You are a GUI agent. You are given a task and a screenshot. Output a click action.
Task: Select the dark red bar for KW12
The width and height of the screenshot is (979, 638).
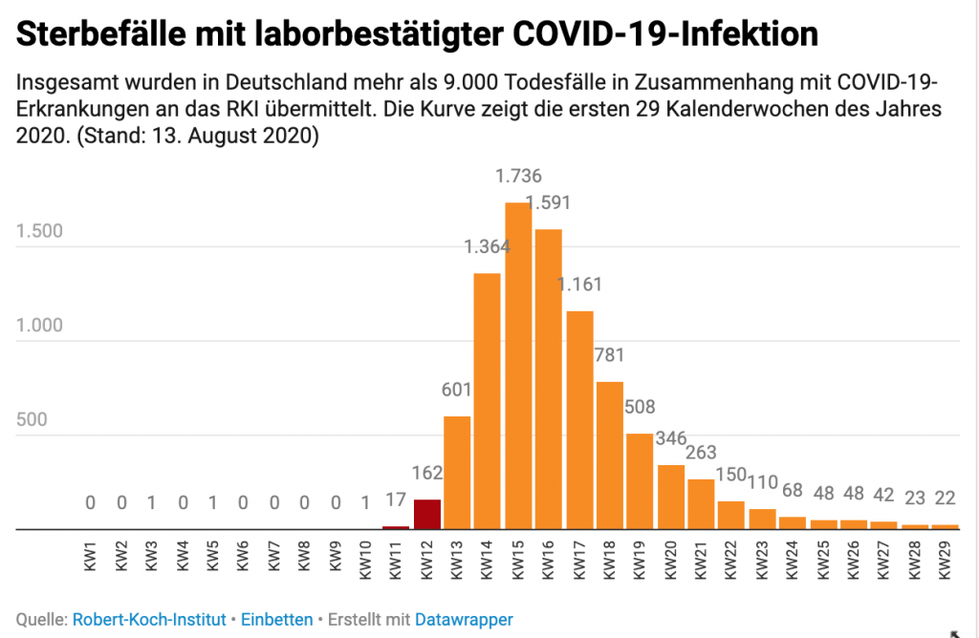point(426,514)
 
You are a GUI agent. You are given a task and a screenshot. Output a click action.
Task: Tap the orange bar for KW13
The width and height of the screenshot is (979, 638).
point(457,472)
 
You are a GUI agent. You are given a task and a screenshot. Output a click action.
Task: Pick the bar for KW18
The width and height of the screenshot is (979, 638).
point(609,455)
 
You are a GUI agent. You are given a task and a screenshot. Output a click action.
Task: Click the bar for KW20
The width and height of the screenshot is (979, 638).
point(670,496)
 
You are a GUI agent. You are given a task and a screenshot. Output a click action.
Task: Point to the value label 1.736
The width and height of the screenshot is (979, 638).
point(518,177)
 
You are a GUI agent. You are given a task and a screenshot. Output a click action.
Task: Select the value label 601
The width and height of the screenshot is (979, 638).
point(457,390)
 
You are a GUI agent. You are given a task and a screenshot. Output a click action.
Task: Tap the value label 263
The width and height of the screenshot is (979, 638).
point(701,452)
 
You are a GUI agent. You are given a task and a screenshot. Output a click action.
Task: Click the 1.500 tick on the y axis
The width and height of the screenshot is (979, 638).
point(39,232)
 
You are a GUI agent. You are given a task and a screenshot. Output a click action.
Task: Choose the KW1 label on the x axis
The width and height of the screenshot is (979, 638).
point(91,560)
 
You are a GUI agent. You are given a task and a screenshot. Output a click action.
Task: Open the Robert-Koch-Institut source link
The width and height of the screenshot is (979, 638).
point(148,620)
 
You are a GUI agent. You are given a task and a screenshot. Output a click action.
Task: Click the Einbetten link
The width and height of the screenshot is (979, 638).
point(276,620)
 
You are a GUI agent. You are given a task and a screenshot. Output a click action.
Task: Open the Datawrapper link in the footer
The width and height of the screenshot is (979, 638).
point(464,620)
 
